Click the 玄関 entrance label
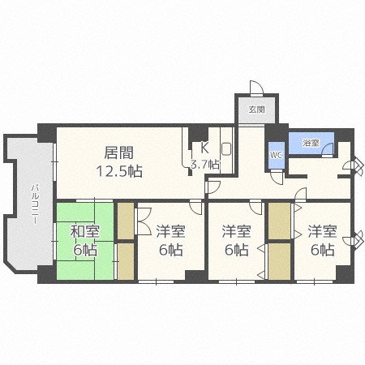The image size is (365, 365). coord(255,109)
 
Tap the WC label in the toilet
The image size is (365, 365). coord(276,154)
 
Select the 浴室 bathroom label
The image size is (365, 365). coord(311,143)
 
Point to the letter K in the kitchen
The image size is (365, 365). coord(204,148)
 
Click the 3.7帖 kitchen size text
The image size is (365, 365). coord(204,165)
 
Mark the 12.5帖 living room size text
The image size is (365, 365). coord(118,171)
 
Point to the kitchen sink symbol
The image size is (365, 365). coord(226,149)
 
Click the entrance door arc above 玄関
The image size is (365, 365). coord(255,88)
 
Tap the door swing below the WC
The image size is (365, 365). coord(277,176)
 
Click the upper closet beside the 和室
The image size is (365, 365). coord(126,219)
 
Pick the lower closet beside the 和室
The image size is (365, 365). coord(126,260)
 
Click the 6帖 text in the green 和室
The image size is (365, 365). coord(84,251)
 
